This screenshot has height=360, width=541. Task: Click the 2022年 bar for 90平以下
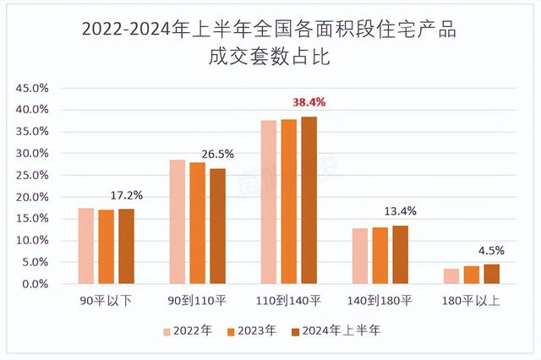(x=86, y=246)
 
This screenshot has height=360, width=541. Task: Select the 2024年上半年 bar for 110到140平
(x=309, y=200)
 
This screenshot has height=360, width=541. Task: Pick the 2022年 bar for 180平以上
(x=451, y=276)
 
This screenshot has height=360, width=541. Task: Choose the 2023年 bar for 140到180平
(x=380, y=255)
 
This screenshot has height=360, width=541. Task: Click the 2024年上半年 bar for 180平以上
(x=491, y=274)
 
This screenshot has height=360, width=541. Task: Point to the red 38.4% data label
(x=309, y=102)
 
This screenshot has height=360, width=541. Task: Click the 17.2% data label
(x=127, y=195)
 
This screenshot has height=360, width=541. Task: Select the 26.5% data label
(x=218, y=155)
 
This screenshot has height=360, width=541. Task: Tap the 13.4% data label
(x=401, y=211)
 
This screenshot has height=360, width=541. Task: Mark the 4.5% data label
(x=491, y=250)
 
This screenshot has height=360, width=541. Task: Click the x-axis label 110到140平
(x=289, y=300)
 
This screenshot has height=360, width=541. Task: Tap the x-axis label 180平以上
(x=471, y=300)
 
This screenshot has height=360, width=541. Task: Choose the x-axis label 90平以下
(x=106, y=300)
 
